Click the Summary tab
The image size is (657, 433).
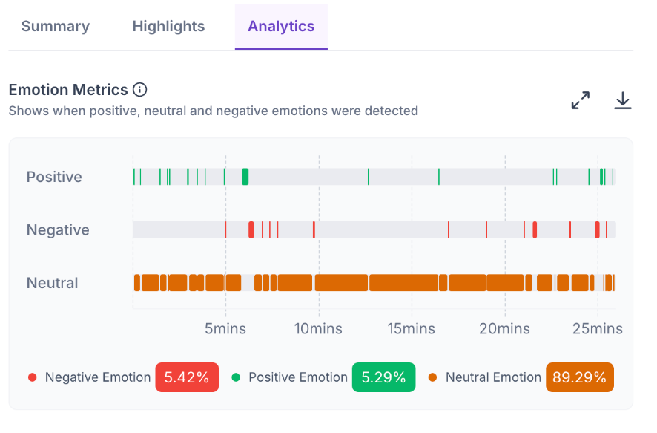point(56,27)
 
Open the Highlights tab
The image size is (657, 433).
point(168,27)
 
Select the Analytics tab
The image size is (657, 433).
point(281,27)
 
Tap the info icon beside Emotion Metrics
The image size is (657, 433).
point(140,90)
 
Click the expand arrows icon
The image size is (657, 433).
point(581,101)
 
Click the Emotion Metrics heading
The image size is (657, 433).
point(68,90)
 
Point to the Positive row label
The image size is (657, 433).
point(54,177)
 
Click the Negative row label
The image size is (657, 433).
point(58,230)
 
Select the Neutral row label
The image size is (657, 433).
point(53,283)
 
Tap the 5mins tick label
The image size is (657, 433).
point(225,328)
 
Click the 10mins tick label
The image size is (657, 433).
point(318,328)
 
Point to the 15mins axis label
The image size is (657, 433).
point(412,328)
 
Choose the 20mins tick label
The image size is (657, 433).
point(504,328)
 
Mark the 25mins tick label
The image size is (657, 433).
point(598,328)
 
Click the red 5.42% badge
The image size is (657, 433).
point(187,377)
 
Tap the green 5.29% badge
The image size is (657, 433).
point(384,377)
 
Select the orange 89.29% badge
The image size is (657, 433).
point(579,377)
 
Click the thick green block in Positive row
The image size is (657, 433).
point(245,177)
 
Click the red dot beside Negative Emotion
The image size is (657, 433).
point(33,377)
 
